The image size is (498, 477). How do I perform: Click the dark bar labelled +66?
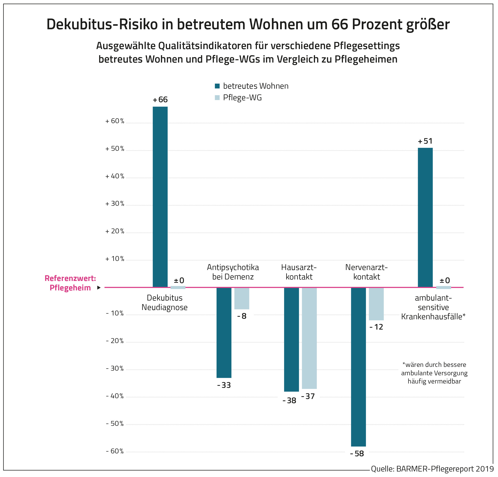pos(160,197)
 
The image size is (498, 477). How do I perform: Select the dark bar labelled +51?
pos(425,218)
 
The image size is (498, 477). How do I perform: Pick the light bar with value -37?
pos(309,338)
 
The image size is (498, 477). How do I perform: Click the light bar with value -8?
pos(242,298)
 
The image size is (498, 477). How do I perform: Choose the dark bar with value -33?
pos(224,333)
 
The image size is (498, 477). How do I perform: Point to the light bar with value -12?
pos(376,304)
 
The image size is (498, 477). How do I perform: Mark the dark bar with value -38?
pos(292,339)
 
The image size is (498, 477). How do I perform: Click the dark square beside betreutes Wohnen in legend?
pos(217,86)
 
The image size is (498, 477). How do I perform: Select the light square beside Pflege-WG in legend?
pos(217,98)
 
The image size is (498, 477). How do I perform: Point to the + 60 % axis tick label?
pos(115,121)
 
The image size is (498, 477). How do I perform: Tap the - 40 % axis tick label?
pos(115,396)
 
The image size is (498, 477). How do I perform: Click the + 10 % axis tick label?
pos(115,259)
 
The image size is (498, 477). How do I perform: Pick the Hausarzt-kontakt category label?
pos(299,272)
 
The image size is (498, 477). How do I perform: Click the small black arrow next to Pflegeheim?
pos(99,288)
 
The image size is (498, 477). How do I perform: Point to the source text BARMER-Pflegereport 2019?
pos(432,469)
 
